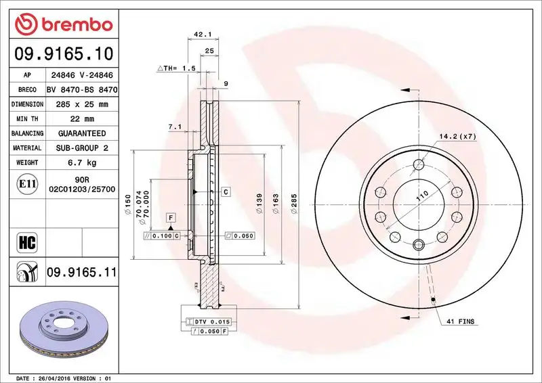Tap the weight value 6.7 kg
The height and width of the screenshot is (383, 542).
coord(81,162)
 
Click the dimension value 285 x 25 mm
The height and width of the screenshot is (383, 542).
coord(81,104)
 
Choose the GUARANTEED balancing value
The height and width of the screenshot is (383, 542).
coord(81,133)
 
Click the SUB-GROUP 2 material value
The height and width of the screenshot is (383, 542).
coord(81,148)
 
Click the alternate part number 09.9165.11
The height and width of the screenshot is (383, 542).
coord(81,273)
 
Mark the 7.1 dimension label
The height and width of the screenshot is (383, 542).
coord(174,127)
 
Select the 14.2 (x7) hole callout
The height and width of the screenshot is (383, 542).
coord(458,136)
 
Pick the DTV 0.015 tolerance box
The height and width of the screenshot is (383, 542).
coord(213,321)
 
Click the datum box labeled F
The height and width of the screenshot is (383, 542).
coord(171,217)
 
